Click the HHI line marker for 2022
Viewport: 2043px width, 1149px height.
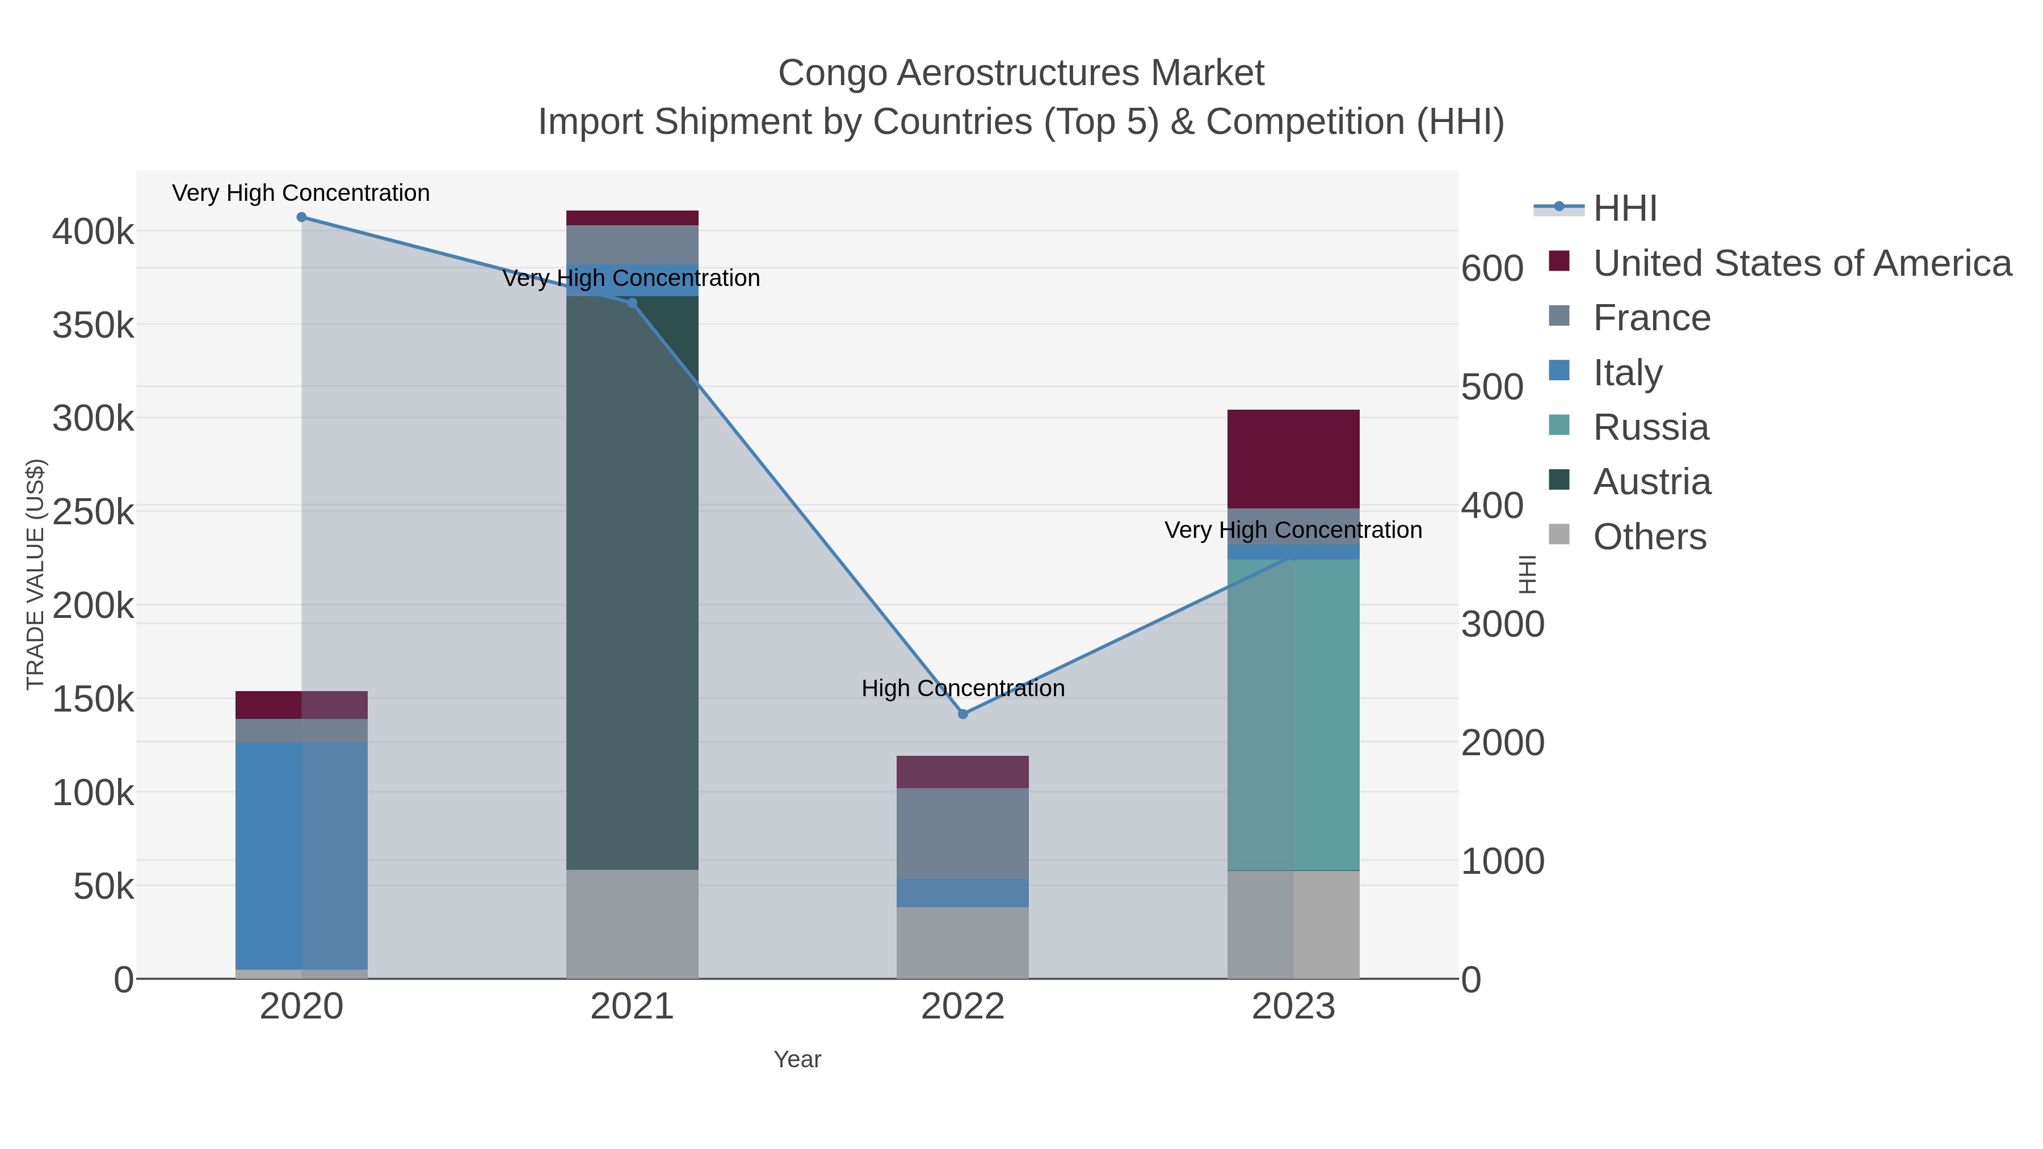pos(963,714)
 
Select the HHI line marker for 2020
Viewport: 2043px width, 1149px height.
pos(301,217)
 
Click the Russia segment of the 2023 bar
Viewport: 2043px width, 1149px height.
pos(1293,714)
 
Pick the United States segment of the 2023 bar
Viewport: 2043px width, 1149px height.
pos(1293,458)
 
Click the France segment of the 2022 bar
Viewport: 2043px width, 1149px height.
pos(963,832)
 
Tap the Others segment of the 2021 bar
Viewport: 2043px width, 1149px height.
pos(632,924)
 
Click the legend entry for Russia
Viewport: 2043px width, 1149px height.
pos(1650,427)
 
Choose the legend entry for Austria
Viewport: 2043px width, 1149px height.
pos(1651,482)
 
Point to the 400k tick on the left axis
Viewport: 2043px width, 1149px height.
pos(93,232)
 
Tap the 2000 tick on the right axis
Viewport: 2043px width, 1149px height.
pos(1503,743)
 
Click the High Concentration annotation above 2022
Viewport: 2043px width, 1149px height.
pos(963,688)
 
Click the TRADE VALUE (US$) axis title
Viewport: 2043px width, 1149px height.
pos(36,574)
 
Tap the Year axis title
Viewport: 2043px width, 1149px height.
pos(797,1059)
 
